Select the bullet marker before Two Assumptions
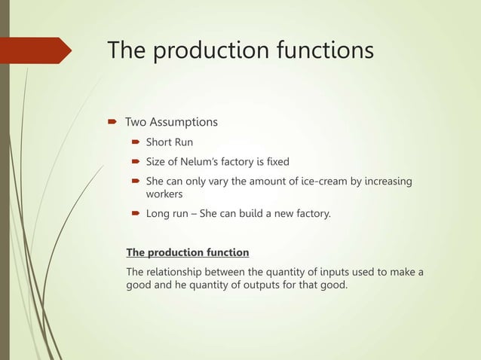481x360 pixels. pyautogui.click(x=110, y=122)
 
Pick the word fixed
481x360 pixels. pyautogui.click(x=275, y=161)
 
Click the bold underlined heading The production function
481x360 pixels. pyautogui.click(x=187, y=252)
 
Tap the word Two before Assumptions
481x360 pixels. pyautogui.click(x=136, y=122)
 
